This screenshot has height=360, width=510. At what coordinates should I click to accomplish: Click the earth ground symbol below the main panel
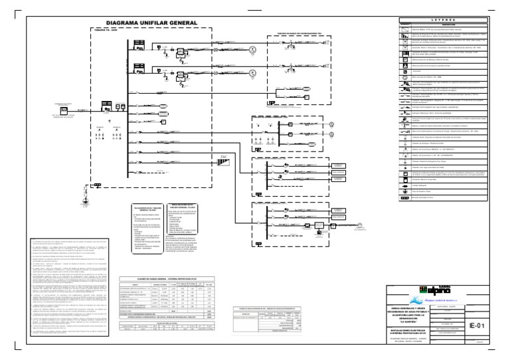point(84,201)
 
